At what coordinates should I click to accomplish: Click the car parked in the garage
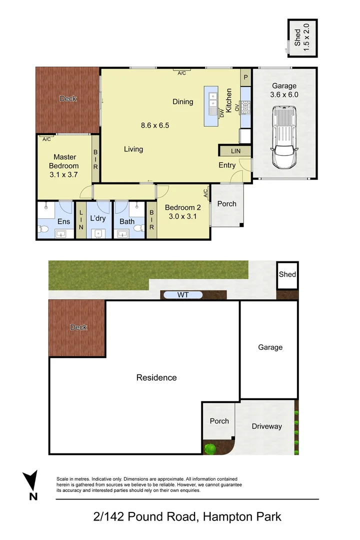[283, 137]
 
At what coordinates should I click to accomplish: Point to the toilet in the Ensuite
[43, 230]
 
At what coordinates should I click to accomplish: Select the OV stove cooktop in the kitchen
[245, 107]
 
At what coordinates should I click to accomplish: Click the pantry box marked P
[245, 77]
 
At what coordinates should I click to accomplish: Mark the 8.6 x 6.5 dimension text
[155, 125]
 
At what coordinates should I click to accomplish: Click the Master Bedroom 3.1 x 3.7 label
[64, 166]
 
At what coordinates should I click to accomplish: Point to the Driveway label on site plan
[266, 426]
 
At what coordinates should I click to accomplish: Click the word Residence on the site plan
[156, 377]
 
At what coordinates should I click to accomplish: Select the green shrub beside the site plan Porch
[210, 448]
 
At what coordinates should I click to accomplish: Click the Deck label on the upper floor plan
[68, 98]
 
